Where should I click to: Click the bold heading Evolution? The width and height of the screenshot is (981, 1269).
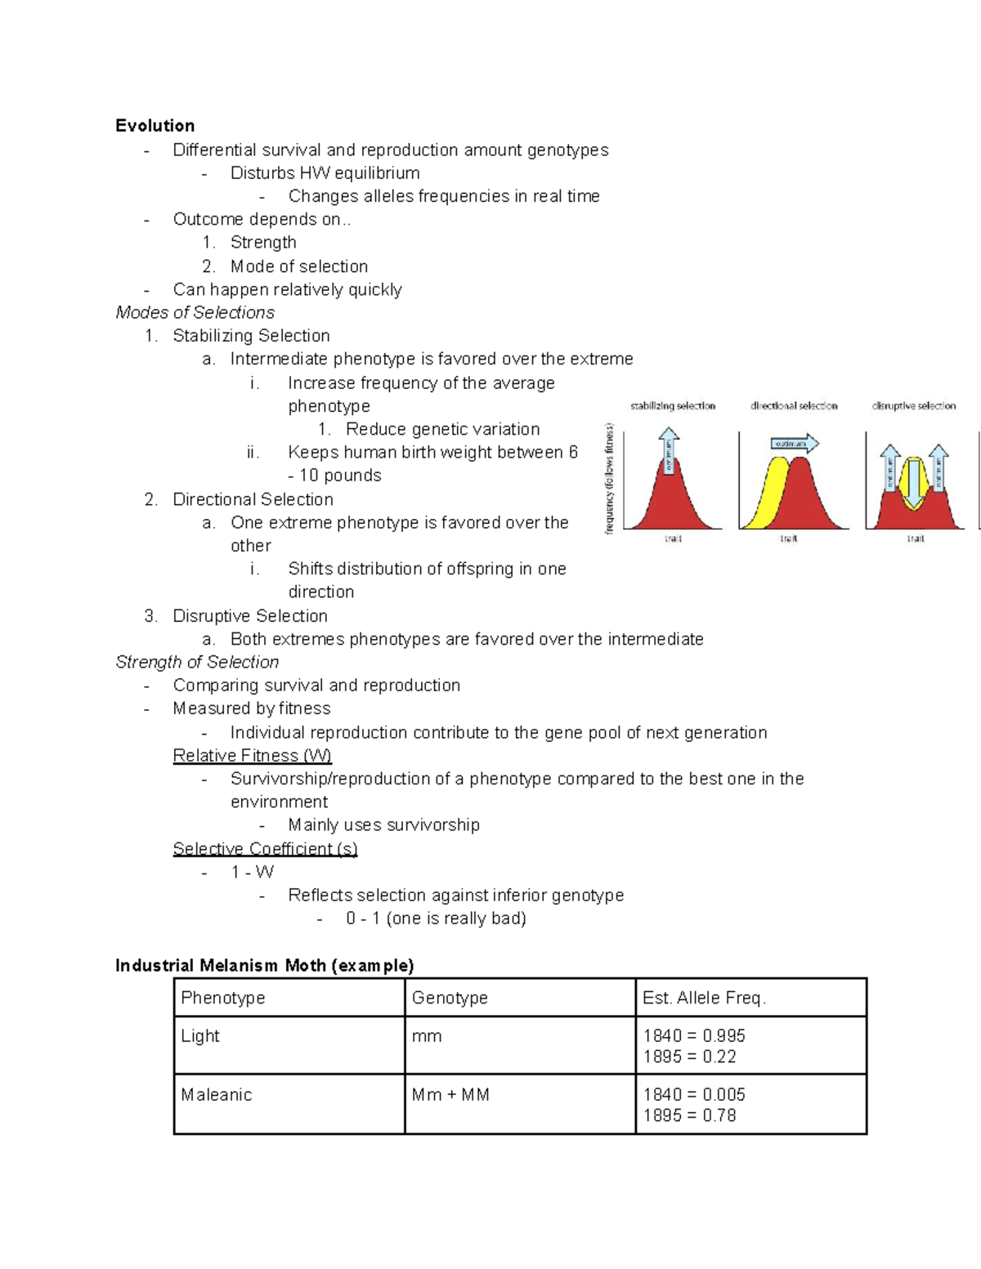tap(155, 126)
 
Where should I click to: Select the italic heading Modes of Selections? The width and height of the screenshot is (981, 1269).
tap(195, 313)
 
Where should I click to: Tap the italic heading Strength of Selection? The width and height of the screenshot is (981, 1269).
tap(197, 663)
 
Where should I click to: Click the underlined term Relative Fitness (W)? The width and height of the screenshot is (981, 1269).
tap(252, 756)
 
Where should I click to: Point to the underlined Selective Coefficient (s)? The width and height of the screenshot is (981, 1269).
tap(265, 849)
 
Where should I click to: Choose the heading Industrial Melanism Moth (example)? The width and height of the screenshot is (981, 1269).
tap(264, 966)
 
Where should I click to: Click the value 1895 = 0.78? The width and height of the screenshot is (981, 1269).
tap(689, 1116)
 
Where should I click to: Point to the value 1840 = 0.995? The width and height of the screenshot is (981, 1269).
tap(694, 1036)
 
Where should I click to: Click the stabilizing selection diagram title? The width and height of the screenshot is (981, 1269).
tap(673, 406)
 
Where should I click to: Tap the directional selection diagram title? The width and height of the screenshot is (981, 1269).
tap(794, 406)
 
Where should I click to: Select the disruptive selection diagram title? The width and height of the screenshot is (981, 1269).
tap(913, 406)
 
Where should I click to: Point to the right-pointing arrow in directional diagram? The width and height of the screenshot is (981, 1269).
tap(794, 444)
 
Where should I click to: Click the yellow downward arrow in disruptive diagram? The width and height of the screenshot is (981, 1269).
tap(914, 482)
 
